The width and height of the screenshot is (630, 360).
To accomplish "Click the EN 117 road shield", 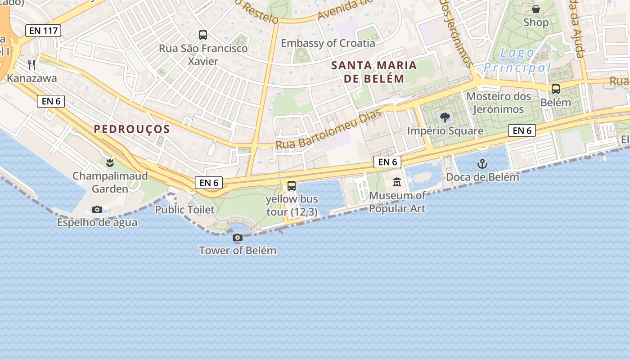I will click(x=43, y=31).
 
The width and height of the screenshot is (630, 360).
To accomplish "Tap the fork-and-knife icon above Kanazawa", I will click(x=31, y=65).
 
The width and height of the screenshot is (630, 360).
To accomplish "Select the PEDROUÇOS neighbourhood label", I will click(x=132, y=130).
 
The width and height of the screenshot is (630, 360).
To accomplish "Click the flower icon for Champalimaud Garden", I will click(x=110, y=162).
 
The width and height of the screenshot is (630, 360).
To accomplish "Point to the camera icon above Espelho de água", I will click(x=97, y=209).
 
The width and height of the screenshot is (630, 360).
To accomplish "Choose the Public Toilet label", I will click(x=185, y=210).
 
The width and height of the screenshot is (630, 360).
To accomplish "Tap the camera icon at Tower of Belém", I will click(x=238, y=237).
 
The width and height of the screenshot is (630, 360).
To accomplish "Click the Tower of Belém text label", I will click(x=238, y=251).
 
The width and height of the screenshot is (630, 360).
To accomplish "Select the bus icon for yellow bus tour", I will click(x=292, y=185).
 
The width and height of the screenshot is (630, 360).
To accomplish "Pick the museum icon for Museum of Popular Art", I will click(x=397, y=182).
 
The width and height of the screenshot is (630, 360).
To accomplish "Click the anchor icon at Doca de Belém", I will click(x=482, y=164).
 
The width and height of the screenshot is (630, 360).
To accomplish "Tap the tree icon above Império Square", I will click(x=445, y=118).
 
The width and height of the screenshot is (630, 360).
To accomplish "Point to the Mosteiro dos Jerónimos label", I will click(x=499, y=103).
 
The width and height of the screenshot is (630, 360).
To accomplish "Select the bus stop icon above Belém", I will click(x=556, y=89).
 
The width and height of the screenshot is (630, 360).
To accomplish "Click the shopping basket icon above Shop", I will click(x=536, y=9).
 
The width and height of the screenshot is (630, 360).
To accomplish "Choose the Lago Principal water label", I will click(x=517, y=60).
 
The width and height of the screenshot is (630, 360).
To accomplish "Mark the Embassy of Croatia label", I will click(x=328, y=43).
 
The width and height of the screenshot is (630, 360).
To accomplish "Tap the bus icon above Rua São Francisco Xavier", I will click(x=203, y=35).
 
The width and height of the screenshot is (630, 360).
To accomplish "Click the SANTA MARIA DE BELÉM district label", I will click(x=374, y=72).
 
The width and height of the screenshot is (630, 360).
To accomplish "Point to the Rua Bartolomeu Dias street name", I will click(x=328, y=129).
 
